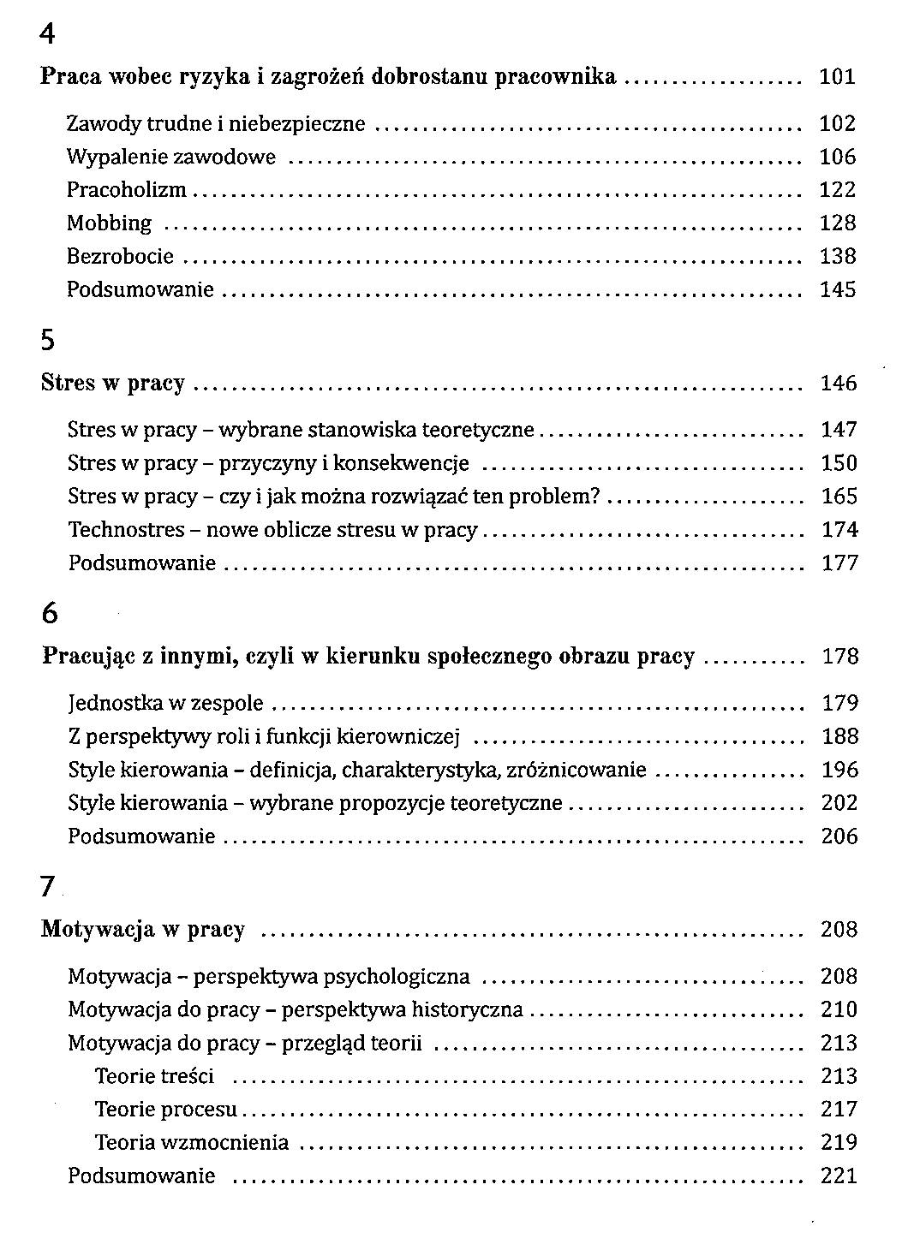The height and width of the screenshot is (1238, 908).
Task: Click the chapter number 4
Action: pyautogui.click(x=48, y=34)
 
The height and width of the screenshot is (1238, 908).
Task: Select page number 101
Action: pyautogui.click(x=837, y=77)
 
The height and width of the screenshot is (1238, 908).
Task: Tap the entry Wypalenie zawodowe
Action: pyautogui.click(x=171, y=158)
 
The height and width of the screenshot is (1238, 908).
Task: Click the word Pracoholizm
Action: pyautogui.click(x=126, y=190)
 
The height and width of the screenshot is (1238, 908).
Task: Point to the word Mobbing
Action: pyautogui.click(x=109, y=223)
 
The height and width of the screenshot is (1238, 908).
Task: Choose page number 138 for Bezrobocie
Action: pyautogui.click(x=837, y=256)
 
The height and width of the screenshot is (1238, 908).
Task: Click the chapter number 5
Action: pyautogui.click(x=48, y=341)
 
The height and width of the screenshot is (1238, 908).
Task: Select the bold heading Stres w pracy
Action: pyautogui.click(x=112, y=384)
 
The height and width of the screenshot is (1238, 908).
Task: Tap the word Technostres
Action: pyautogui.click(x=126, y=530)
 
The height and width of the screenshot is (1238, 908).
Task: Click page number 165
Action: pyautogui.click(x=839, y=497)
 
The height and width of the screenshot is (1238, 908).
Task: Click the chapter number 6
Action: pyautogui.click(x=50, y=614)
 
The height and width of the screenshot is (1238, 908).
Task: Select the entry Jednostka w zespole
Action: pyautogui.click(x=165, y=704)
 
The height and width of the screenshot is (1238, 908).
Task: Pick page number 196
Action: pyautogui.click(x=839, y=770)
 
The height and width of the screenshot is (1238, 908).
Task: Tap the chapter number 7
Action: pyautogui.click(x=47, y=888)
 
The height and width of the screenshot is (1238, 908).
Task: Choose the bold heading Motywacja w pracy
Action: pyautogui.click(x=142, y=930)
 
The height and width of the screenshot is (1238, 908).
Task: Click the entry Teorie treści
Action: pyautogui.click(x=154, y=1076)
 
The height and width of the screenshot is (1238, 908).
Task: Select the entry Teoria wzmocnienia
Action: pyautogui.click(x=192, y=1143)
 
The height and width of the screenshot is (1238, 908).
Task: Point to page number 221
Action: pyautogui.click(x=839, y=1176)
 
